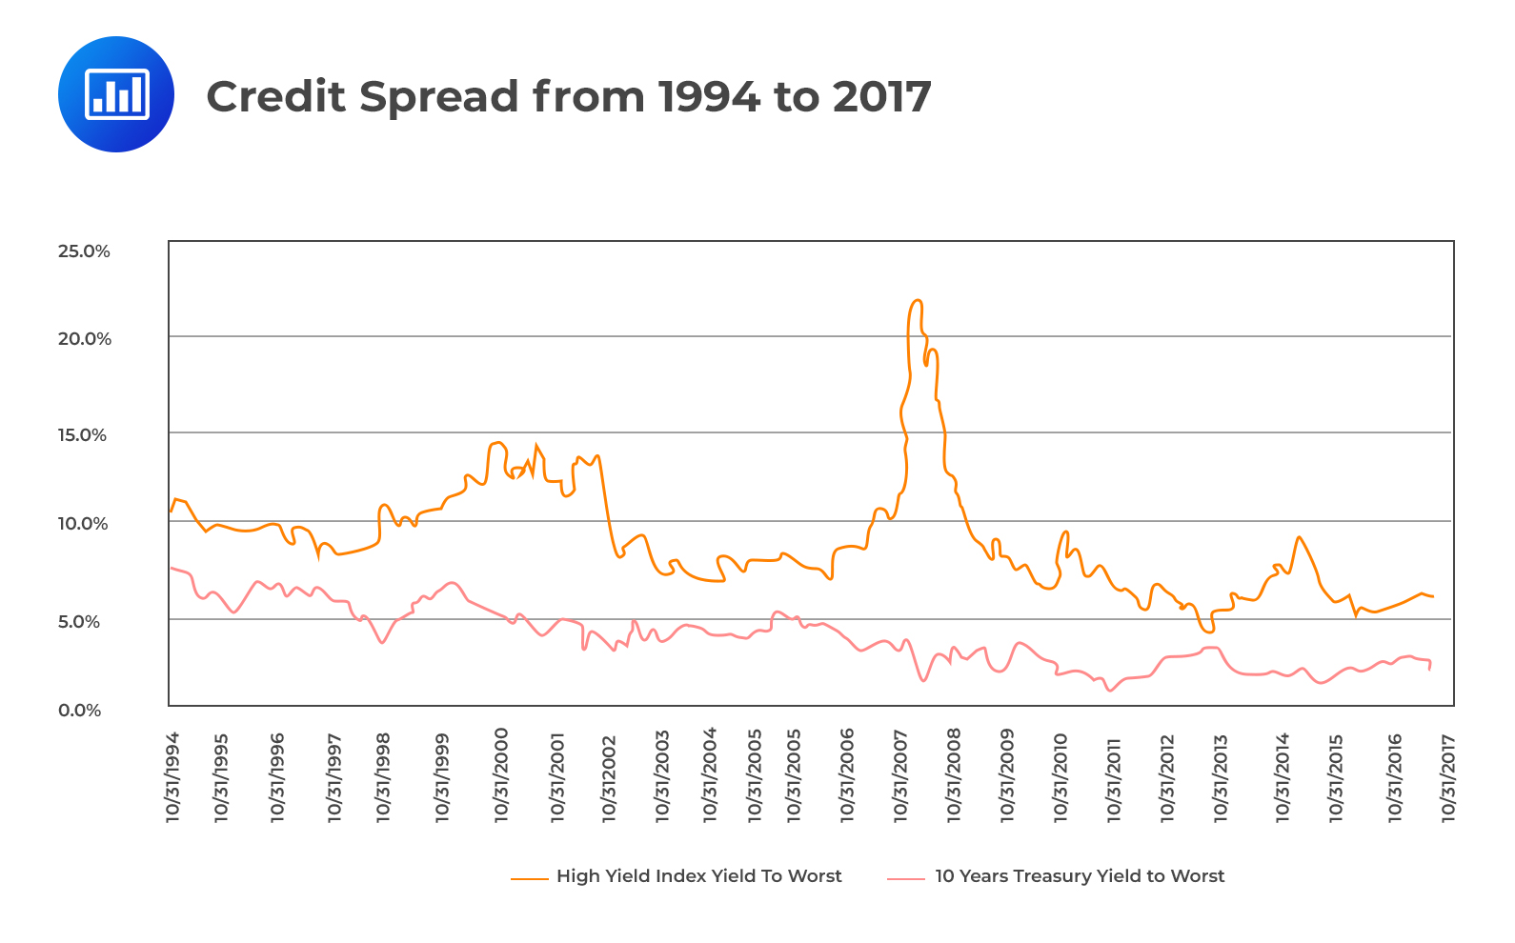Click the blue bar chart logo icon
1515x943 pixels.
116,94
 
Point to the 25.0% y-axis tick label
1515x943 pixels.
84,251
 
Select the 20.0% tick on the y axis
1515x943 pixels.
85,339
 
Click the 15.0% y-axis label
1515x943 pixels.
83,435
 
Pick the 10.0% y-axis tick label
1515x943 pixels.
83,524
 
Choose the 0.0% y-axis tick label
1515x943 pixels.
80,711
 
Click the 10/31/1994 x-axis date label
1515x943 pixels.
173,777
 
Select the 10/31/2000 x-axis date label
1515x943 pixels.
501,775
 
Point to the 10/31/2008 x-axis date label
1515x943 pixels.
954,775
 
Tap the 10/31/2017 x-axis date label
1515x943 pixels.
1448,777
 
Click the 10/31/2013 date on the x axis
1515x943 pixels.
1221,777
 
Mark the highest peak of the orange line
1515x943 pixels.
917,301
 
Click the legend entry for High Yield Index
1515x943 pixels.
698,876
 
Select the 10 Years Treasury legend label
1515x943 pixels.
1079,876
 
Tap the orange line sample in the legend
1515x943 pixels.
529,878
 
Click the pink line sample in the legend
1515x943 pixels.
905,878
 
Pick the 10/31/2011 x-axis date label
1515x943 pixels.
1113,777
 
